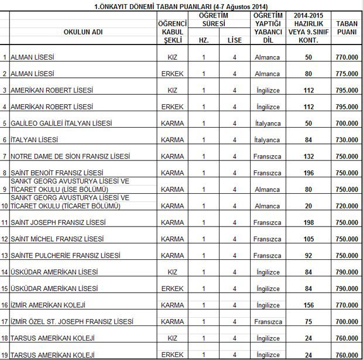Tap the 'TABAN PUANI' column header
[x=348, y=32]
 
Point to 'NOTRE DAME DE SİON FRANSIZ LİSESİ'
[x=71, y=157]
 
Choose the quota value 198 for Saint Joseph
[x=310, y=223]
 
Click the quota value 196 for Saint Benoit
[x=310, y=173]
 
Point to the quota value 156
[x=310, y=306]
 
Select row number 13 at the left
[x=5, y=256]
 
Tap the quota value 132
[x=310, y=157]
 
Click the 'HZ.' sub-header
[x=203, y=40]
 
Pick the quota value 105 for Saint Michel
[x=310, y=240]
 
